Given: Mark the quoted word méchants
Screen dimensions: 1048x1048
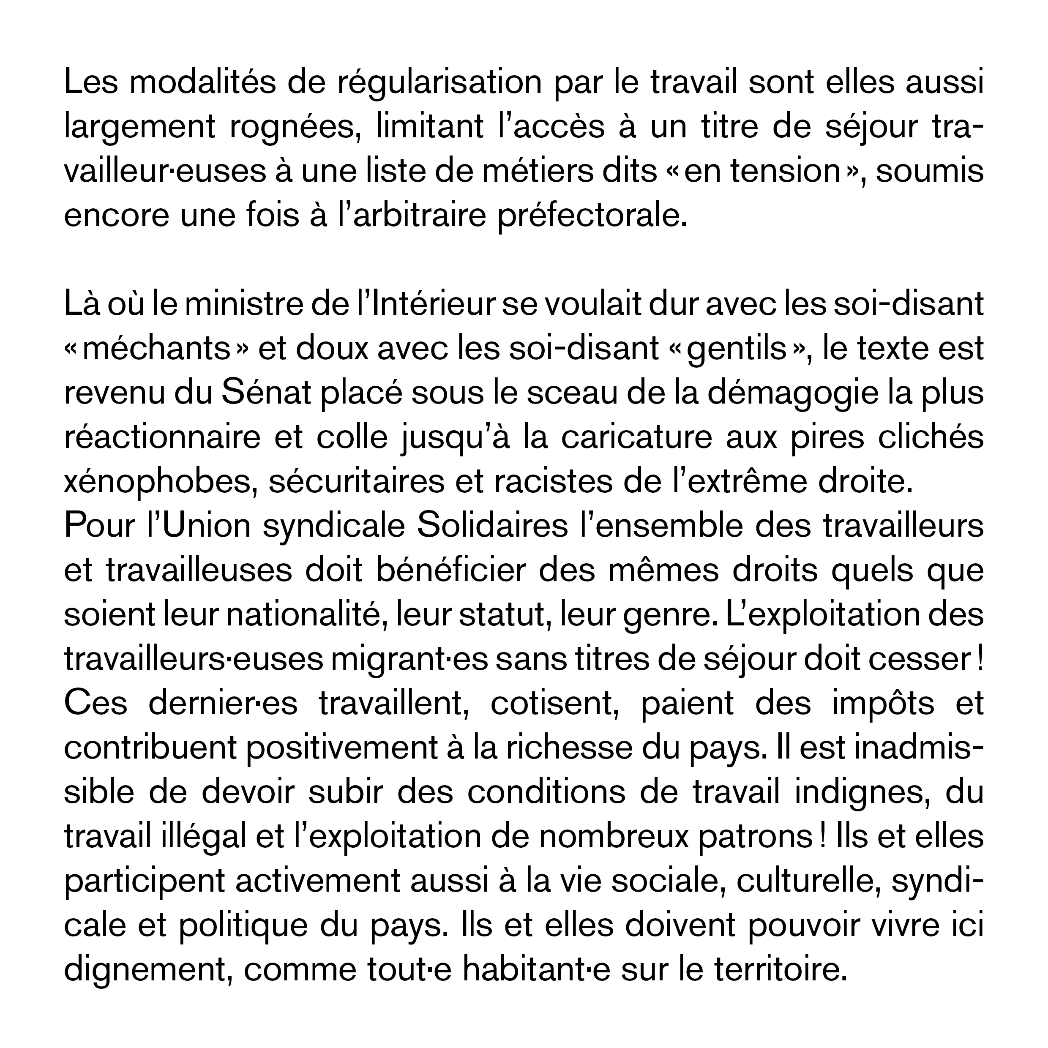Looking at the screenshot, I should pyautogui.click(x=157, y=349).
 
